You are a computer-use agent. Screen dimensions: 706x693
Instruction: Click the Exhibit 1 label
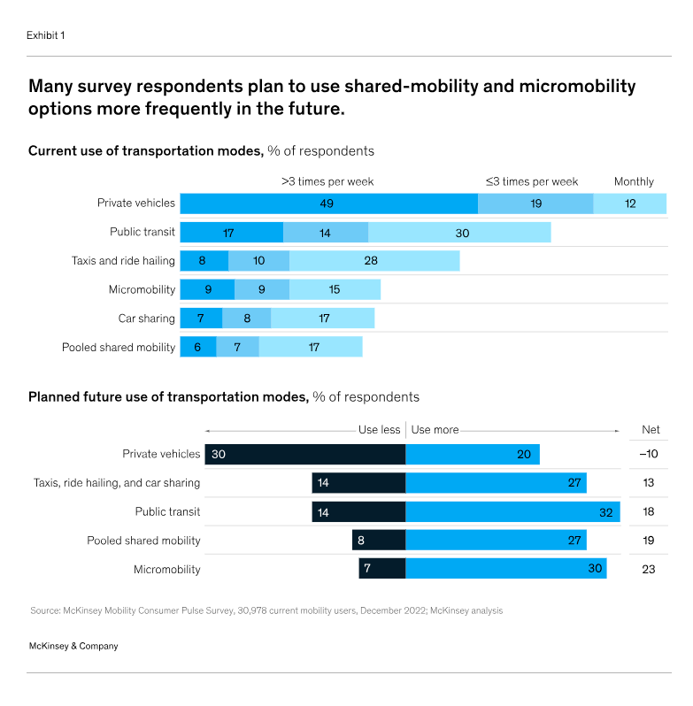[46, 35]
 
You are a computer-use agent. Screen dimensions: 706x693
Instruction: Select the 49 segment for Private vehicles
[328, 203]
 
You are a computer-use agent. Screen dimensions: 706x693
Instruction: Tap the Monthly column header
[634, 181]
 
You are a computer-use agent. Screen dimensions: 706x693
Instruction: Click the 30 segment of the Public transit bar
[459, 233]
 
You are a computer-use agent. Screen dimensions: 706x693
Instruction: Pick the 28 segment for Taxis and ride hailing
[374, 261]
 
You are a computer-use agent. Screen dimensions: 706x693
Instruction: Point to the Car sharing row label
[146, 318]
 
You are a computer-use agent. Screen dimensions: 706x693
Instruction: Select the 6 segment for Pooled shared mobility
[198, 347]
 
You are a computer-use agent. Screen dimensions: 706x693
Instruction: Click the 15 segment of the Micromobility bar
[334, 289]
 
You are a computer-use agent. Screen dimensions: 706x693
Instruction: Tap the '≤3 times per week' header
[532, 181]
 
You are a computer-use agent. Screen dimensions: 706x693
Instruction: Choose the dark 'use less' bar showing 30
[304, 454]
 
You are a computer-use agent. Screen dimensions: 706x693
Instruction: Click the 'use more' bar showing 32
[512, 511]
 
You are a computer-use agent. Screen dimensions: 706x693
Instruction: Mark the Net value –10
[650, 454]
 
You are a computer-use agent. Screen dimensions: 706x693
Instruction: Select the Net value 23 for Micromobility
[649, 569]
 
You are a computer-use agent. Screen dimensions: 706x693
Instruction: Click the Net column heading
[651, 430]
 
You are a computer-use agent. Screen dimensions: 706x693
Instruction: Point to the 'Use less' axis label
[379, 430]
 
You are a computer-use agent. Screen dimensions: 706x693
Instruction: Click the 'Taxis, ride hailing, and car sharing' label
[117, 483]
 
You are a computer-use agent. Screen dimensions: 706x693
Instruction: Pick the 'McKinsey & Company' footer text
[73, 646]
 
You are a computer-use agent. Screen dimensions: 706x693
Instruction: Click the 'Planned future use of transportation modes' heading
[168, 397]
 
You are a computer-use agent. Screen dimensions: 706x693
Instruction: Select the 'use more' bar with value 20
[473, 454]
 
